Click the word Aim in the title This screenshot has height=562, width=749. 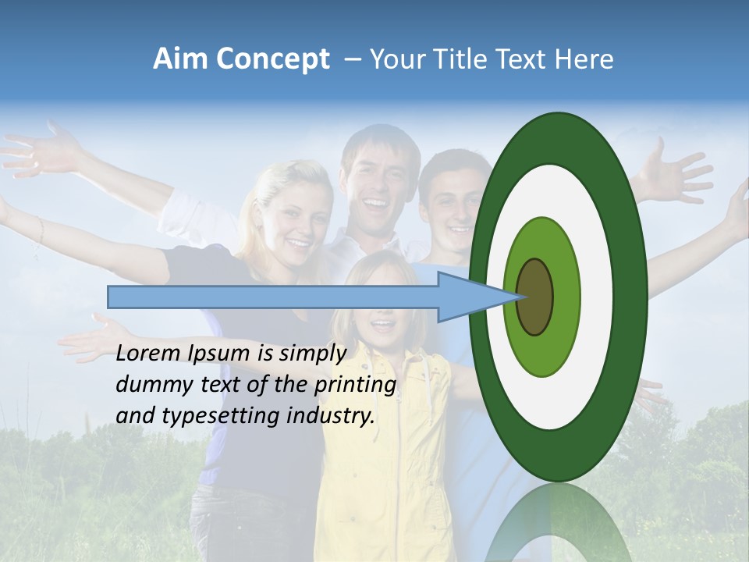click(x=180, y=59)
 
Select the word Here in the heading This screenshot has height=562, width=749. click(x=584, y=59)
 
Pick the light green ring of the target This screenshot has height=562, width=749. click(x=562, y=265)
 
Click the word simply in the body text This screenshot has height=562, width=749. click(x=312, y=354)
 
